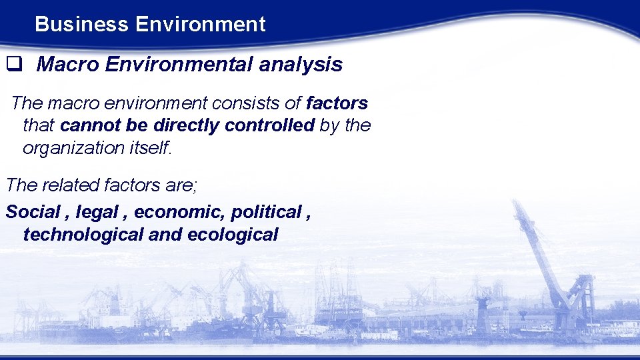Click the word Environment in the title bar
coord(200,25)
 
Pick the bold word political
coord(265,212)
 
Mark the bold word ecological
coord(233,234)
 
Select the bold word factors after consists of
coord(337,103)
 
